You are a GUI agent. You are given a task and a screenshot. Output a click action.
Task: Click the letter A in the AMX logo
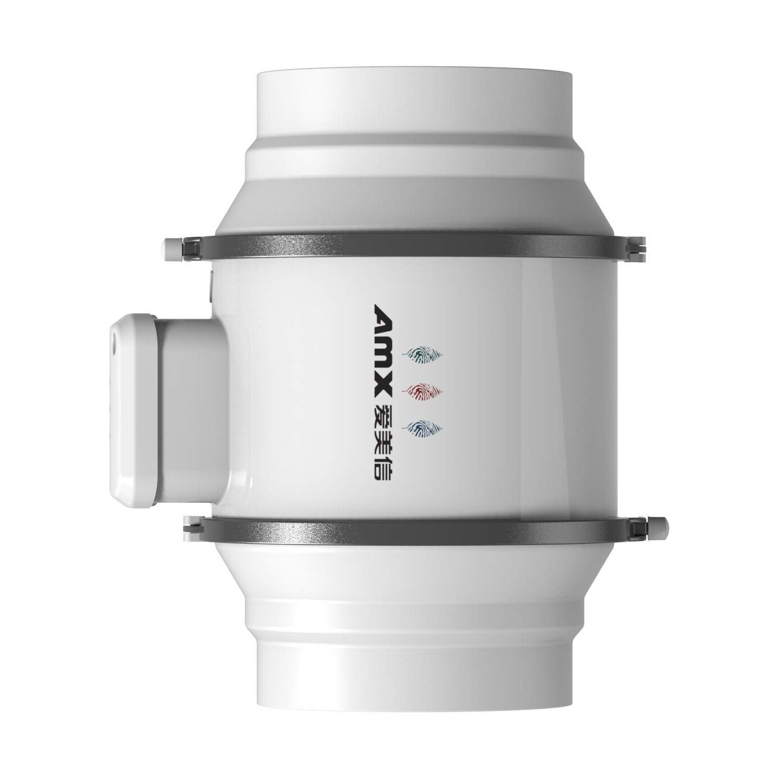381,318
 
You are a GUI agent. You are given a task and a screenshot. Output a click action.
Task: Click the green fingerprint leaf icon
422,354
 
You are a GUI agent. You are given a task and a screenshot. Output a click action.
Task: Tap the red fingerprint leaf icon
422,390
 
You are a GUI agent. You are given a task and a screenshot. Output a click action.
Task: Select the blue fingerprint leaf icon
422,427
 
